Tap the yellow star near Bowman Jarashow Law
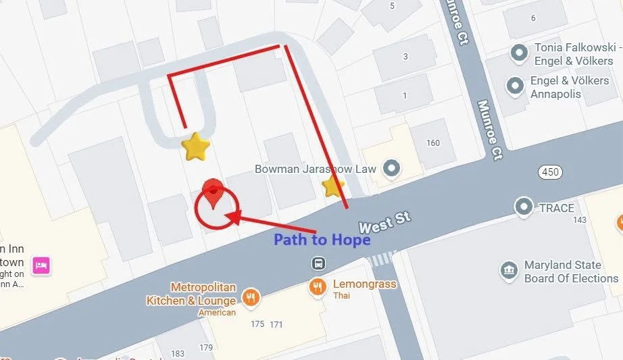[332, 186]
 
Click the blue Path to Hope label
[322, 240]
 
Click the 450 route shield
[550, 172]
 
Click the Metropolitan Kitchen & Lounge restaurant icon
[251, 297]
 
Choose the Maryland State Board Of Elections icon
[509, 272]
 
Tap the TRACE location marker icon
[524, 207]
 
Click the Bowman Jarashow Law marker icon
[390, 168]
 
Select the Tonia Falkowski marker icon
[519, 51]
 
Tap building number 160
[432, 143]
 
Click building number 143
[578, 220]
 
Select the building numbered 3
[405, 56]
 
